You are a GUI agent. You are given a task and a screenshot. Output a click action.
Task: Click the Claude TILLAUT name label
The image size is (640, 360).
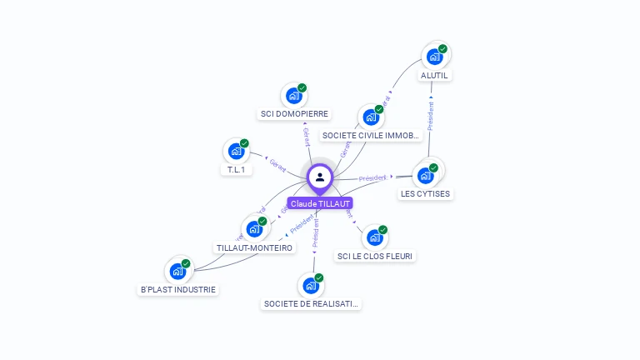320,203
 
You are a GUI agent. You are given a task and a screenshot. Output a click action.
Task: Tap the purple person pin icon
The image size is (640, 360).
320,177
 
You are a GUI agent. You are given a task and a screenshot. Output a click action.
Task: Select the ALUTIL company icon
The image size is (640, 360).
435,56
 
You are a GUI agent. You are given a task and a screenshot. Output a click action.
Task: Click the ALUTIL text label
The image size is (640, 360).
435,75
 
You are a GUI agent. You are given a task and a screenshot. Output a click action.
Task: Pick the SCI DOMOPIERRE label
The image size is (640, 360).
294,113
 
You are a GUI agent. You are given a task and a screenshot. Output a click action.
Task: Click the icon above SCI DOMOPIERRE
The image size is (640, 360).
293,95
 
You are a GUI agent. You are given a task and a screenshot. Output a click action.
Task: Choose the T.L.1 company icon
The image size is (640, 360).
237,152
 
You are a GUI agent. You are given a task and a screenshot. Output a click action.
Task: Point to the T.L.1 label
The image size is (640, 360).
236,170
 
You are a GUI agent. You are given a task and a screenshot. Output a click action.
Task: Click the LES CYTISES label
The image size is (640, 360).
425,194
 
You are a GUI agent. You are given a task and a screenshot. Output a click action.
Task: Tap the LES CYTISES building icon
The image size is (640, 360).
427,175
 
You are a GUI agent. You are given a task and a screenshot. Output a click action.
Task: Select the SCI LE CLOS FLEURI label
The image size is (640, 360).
375,256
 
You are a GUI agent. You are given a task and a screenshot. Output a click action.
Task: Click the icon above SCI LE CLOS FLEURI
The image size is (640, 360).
375,237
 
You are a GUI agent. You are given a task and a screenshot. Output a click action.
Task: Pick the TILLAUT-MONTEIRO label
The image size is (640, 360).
254,247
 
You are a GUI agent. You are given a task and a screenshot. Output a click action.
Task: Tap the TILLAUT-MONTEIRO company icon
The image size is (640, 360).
254,228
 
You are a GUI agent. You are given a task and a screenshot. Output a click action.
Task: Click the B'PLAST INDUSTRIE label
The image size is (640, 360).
177,289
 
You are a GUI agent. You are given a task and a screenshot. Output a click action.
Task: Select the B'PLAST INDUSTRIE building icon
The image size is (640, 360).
177,271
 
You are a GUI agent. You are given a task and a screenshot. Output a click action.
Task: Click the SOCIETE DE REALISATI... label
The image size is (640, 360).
312,304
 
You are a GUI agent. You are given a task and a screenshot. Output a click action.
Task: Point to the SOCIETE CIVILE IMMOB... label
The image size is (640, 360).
370,135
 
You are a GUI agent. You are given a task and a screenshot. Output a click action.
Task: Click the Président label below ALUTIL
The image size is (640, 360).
431,117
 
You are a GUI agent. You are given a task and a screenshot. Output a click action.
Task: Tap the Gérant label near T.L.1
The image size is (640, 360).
278,163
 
